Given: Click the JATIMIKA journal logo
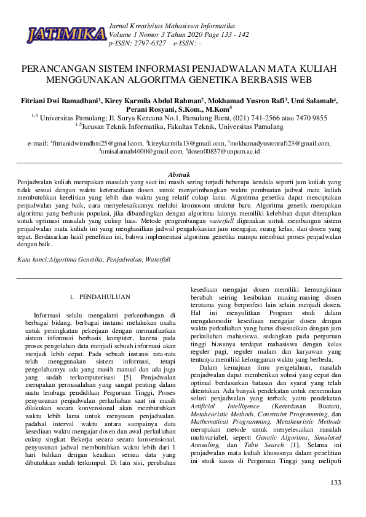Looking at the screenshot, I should (66, 34).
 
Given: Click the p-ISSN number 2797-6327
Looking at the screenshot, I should (151, 44).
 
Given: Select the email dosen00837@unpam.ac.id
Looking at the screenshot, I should (229, 151).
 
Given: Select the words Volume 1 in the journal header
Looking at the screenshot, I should (123, 35).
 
